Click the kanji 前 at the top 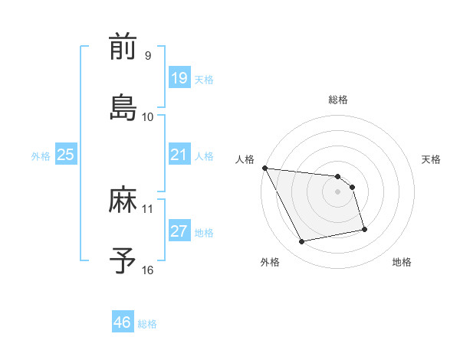pyautogui.click(x=123, y=47)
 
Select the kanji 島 pyautogui.click(x=123, y=108)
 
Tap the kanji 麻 pyautogui.click(x=123, y=201)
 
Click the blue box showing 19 pyautogui.click(x=179, y=77)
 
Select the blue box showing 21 pyautogui.click(x=179, y=155)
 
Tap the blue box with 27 pyautogui.click(x=179, y=232)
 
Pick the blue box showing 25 pyautogui.click(x=65, y=155)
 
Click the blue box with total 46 pyautogui.click(x=122, y=322)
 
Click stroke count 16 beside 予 pyautogui.click(x=147, y=270)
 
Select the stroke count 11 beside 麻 pyautogui.click(x=147, y=208)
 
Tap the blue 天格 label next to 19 pyautogui.click(x=204, y=80)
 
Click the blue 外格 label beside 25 pyautogui.click(x=41, y=156)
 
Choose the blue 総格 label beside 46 pyautogui.click(x=147, y=324)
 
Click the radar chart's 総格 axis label pyautogui.click(x=338, y=100)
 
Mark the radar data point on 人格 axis pyautogui.click(x=264, y=168)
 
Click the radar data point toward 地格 pyautogui.click(x=364, y=229)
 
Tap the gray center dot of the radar pyautogui.click(x=338, y=191)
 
